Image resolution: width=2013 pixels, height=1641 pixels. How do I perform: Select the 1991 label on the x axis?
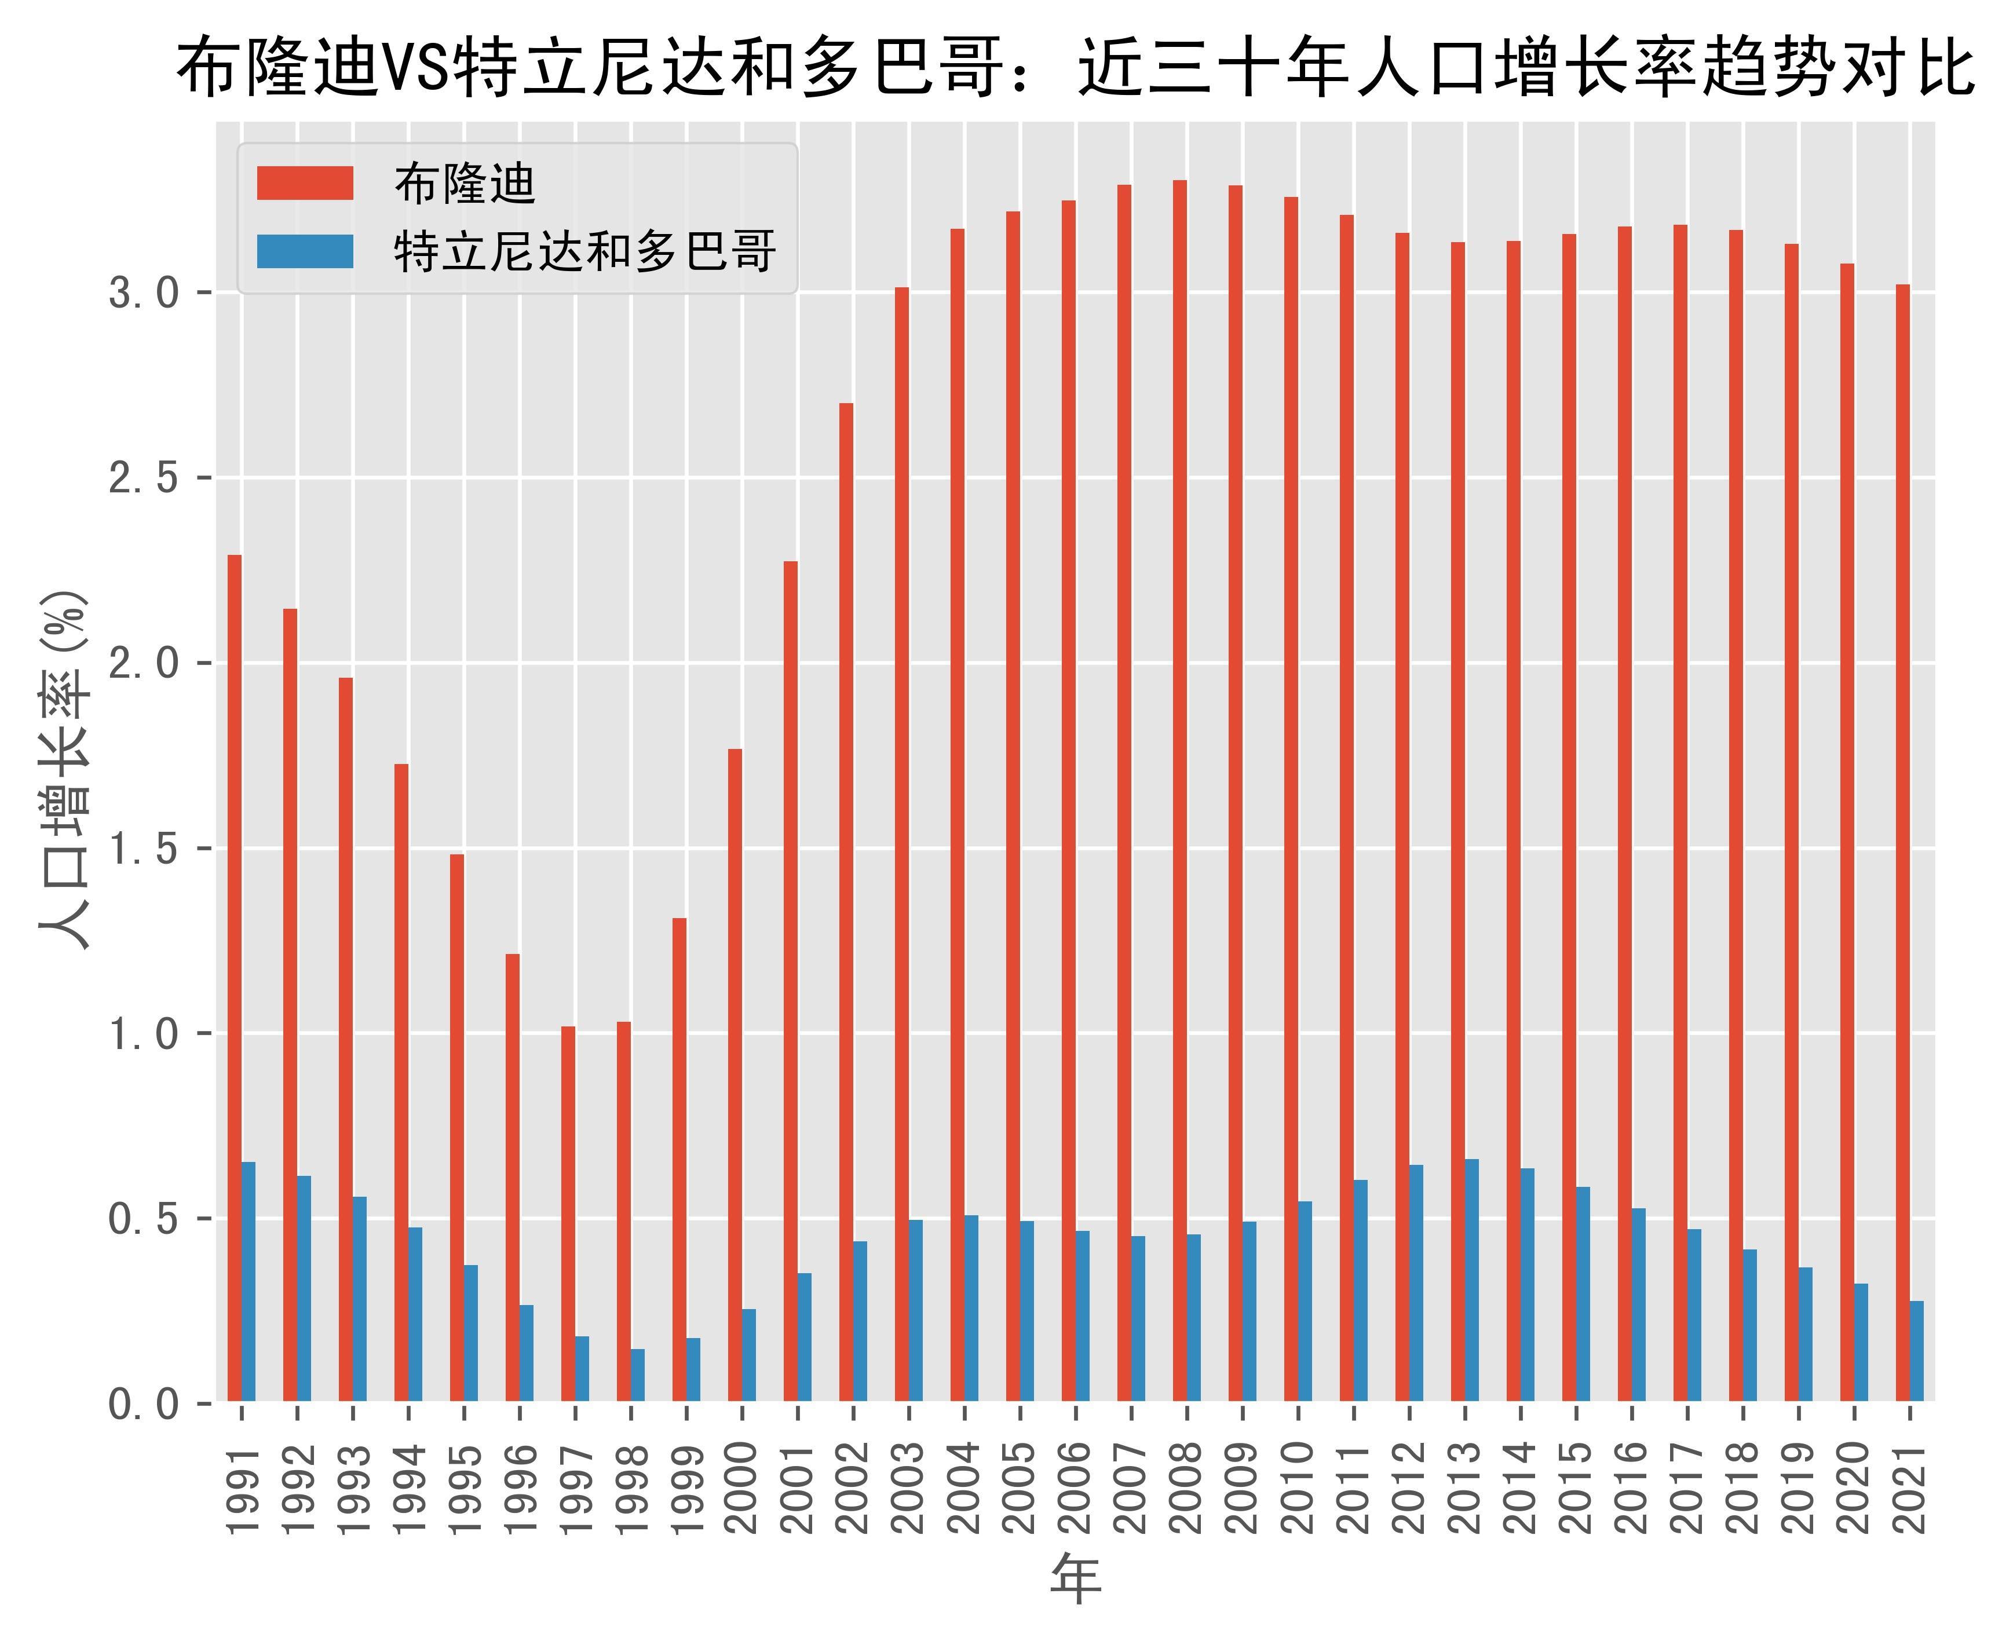[x=242, y=1489]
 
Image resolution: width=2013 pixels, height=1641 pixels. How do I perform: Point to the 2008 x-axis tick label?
[x=1187, y=1489]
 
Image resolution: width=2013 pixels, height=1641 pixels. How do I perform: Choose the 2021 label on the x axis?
[x=1910, y=1489]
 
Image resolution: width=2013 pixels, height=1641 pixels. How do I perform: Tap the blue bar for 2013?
[x=1471, y=1280]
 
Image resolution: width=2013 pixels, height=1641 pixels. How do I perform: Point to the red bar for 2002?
[x=846, y=902]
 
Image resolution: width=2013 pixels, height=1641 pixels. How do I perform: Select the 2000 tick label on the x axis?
[x=742, y=1489]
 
